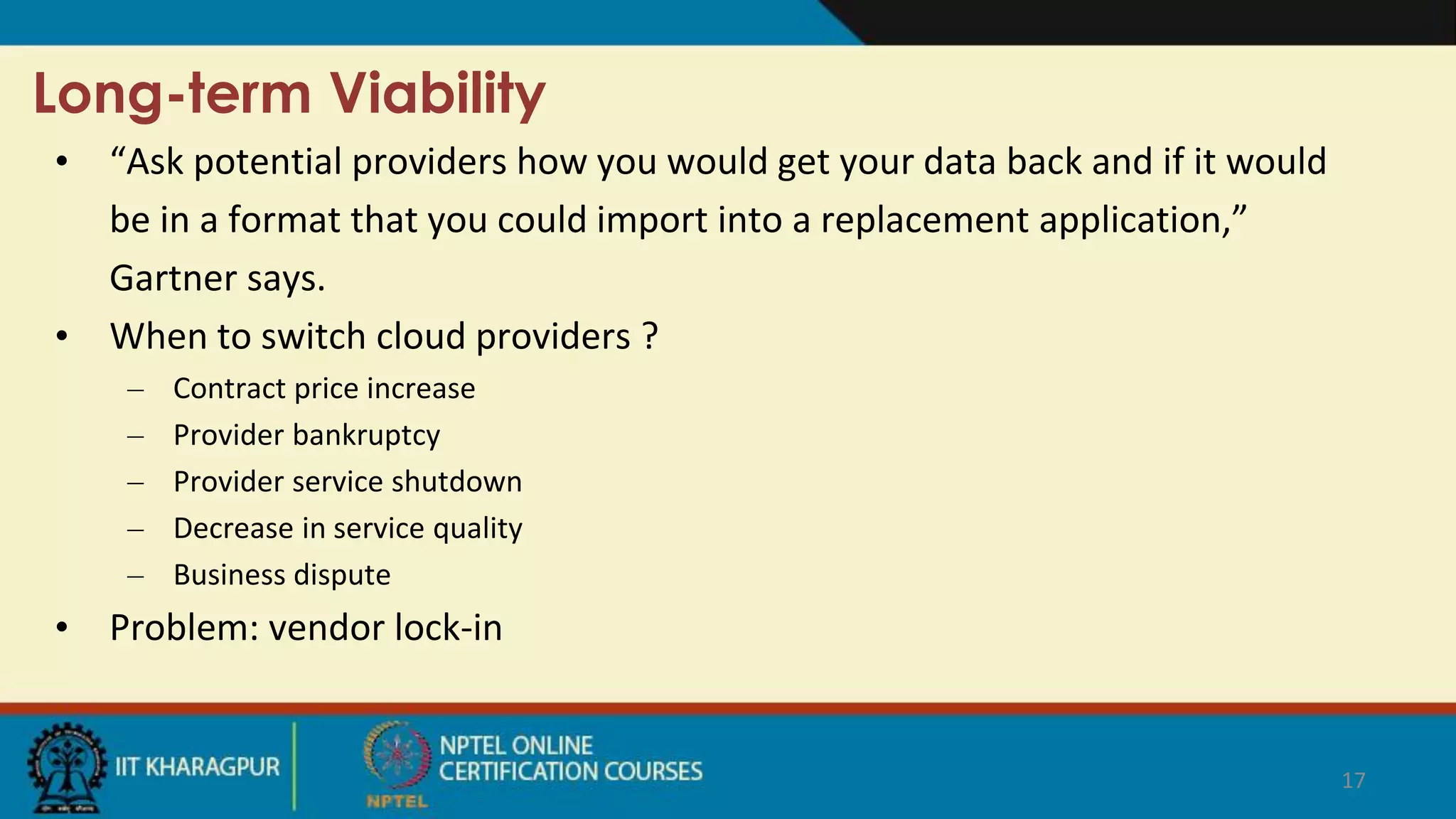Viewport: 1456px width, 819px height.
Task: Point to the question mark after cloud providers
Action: point(649,336)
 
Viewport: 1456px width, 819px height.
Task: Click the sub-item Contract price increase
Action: point(324,389)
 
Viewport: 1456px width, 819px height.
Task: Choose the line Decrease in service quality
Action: point(348,529)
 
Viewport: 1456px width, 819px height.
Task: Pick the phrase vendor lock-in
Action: point(385,628)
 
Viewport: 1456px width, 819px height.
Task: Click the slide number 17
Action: point(1353,781)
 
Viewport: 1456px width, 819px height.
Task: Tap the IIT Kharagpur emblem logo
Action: point(65,768)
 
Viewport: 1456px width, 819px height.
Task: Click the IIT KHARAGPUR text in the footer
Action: point(198,767)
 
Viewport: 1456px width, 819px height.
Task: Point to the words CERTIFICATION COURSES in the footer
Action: point(570,772)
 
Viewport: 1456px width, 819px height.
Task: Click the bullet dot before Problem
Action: point(63,628)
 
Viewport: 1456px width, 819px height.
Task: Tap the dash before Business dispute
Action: point(136,575)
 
